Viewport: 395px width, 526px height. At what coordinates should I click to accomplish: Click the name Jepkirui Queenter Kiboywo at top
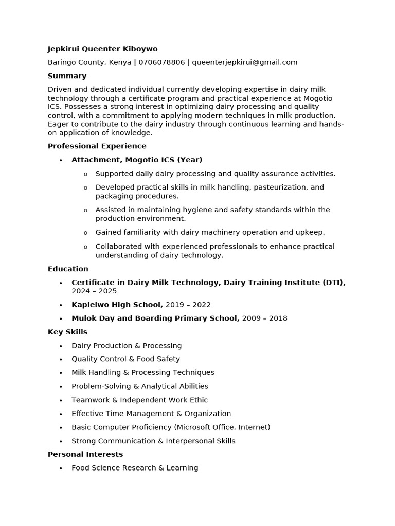(x=102, y=49)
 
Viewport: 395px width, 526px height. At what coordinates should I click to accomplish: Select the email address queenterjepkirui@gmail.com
(x=244, y=62)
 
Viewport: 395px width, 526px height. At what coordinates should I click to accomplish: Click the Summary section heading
(x=67, y=76)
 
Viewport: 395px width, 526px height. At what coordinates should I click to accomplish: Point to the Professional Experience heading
(x=97, y=146)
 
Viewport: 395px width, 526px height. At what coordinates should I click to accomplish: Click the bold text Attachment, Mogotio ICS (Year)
(x=137, y=160)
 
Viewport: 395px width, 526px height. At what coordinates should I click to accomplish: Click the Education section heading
(x=68, y=269)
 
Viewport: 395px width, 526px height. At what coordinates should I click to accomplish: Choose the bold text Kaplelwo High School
(x=117, y=305)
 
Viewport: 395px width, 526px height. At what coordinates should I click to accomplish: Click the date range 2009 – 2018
(x=264, y=318)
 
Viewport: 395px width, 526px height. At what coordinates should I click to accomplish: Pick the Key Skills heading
(x=67, y=332)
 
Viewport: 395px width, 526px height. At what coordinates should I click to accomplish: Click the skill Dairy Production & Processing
(x=127, y=346)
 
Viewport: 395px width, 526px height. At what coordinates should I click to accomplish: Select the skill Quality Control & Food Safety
(x=125, y=359)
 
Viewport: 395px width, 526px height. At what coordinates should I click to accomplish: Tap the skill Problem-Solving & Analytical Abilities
(x=139, y=386)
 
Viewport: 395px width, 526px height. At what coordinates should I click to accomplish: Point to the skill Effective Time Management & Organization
(x=151, y=414)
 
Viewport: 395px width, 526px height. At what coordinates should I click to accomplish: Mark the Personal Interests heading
(x=85, y=454)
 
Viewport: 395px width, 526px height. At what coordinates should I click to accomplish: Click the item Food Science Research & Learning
(x=135, y=468)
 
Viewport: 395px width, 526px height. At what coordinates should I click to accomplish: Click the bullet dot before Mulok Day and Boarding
(x=61, y=318)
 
